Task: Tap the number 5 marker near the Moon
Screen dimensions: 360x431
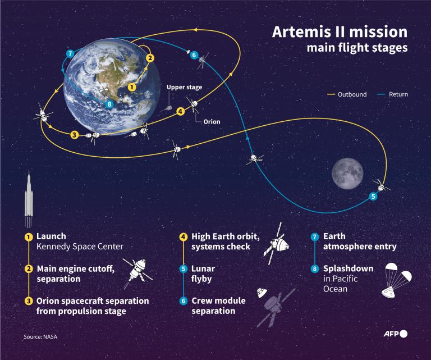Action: coord(373,197)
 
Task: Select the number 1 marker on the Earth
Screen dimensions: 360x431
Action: coord(132,87)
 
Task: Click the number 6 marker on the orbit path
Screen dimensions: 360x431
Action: coord(194,55)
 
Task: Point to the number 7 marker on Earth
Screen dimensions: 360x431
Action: coord(70,54)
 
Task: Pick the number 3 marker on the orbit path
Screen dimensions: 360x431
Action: coord(74,134)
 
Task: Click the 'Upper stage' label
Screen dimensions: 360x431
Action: coord(184,88)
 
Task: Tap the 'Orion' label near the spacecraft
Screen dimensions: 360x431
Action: coord(212,121)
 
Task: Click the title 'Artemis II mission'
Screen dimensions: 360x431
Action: coord(340,31)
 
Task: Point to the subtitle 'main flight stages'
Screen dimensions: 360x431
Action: coord(357,48)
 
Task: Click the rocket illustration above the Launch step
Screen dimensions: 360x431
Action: coord(29,197)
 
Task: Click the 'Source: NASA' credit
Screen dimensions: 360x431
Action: coord(40,336)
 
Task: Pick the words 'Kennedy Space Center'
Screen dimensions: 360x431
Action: coord(80,247)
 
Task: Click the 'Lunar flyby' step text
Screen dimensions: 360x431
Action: coord(203,274)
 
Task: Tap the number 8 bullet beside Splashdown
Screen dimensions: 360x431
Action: coord(315,269)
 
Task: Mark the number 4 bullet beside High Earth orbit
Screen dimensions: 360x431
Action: coord(183,237)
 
